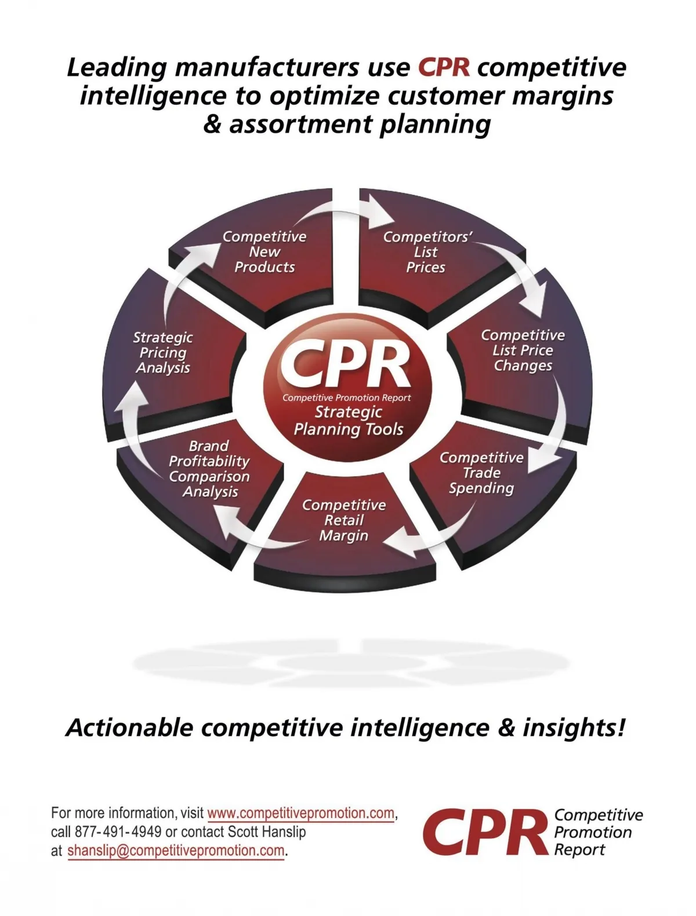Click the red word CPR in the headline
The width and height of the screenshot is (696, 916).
click(x=444, y=67)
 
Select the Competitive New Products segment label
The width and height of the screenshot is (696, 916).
click(x=264, y=252)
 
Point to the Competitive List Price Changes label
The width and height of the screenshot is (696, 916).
click(x=523, y=351)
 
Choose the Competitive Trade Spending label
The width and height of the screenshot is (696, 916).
click(x=481, y=473)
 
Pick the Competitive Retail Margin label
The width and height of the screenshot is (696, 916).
click(x=344, y=520)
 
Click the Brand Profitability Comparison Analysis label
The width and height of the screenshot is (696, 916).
click(x=209, y=469)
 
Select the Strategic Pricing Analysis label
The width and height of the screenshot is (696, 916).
click(x=163, y=352)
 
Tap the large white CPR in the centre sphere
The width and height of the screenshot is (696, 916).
click(x=346, y=364)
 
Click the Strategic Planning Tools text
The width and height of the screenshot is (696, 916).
click(x=349, y=421)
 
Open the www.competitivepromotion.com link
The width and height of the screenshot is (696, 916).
click(x=300, y=813)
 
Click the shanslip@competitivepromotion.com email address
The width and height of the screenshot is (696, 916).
click(x=176, y=851)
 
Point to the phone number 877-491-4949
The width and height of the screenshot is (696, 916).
click(x=118, y=832)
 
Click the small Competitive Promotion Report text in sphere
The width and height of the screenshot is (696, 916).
click(x=346, y=398)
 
